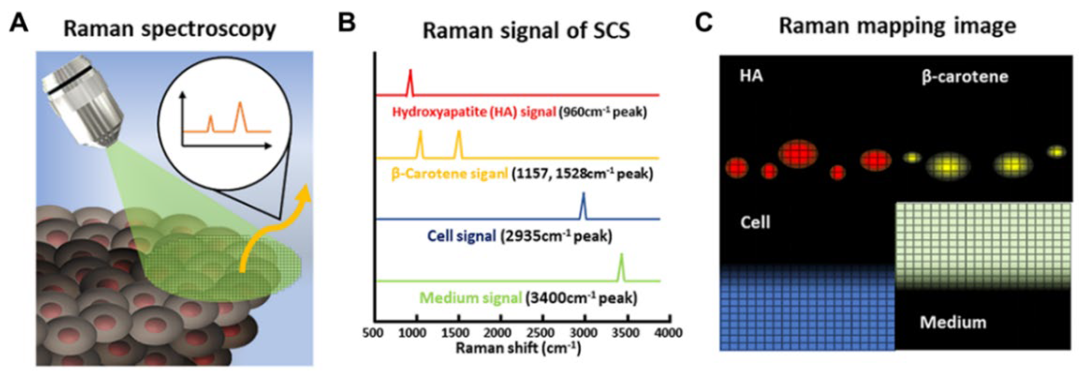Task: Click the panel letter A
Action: pos(19,23)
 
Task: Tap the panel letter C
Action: pos(703,23)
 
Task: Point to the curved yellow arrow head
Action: pos(304,195)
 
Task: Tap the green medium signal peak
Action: pos(621,267)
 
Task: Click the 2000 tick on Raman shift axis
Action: pos(497,333)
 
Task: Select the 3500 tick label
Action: pos(625,333)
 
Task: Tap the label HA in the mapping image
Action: pos(751,76)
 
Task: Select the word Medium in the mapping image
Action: pos(953,322)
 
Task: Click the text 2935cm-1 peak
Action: pos(556,236)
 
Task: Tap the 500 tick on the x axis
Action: pos(373,333)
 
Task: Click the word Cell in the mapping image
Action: pos(755,222)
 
